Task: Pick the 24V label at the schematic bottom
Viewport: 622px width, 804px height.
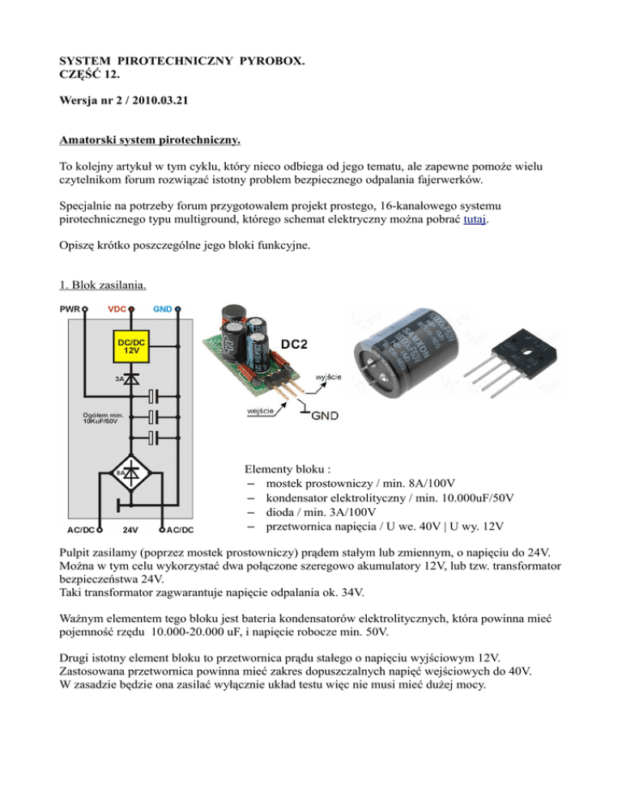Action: click(x=130, y=531)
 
